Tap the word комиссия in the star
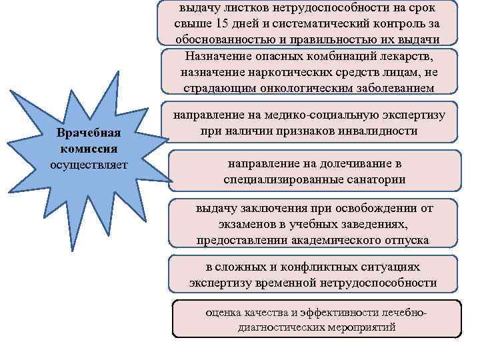[89, 147]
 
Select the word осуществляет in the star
[89, 163]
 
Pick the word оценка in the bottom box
[225, 313]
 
